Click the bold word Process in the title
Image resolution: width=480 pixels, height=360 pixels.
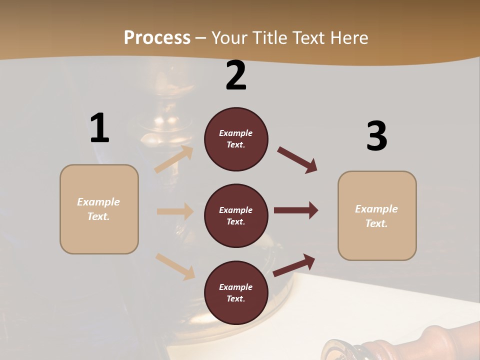click(157, 37)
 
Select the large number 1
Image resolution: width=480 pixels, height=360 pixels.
click(99, 128)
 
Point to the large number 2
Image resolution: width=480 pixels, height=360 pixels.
click(236, 75)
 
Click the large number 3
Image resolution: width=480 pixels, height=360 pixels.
click(376, 136)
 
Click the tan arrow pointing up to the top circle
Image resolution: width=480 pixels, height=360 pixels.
click(174, 159)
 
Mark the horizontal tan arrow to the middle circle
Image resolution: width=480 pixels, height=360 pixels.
click(175, 211)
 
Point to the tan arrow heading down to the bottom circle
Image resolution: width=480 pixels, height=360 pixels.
click(175, 266)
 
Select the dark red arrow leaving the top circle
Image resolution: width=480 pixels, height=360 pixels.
click(297, 160)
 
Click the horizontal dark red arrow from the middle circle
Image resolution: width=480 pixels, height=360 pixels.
click(296, 210)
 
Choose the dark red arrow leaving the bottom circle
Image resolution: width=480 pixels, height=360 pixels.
click(294, 265)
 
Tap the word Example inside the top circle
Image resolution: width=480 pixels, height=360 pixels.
click(236, 133)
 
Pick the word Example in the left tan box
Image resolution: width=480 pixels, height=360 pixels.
click(98, 202)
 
